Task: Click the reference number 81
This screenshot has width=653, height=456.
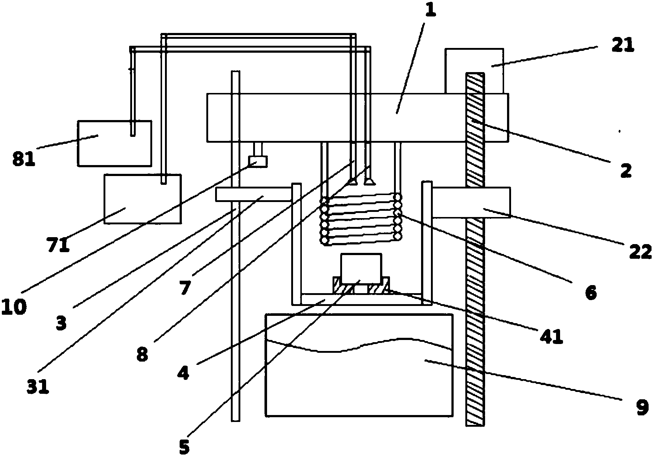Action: pyautogui.click(x=24, y=159)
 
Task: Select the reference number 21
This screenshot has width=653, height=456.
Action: pyautogui.click(x=622, y=46)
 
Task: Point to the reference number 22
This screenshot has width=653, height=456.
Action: pyautogui.click(x=640, y=252)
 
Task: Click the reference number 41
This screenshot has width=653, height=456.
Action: pyautogui.click(x=552, y=336)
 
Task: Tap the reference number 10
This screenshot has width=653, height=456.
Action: pyautogui.click(x=14, y=307)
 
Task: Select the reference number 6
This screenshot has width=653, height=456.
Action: pyautogui.click(x=591, y=292)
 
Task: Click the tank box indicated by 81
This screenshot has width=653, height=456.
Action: pyautogui.click(x=114, y=143)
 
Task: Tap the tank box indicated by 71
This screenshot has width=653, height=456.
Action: pyautogui.click(x=142, y=199)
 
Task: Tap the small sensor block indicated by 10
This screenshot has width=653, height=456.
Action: pyautogui.click(x=258, y=161)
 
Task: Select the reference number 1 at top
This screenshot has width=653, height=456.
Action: pyautogui.click(x=431, y=10)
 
